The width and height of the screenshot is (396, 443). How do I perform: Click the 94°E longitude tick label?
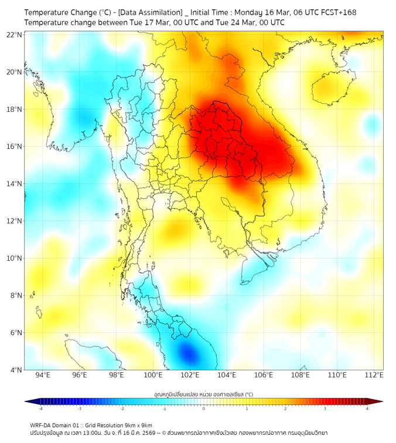43,375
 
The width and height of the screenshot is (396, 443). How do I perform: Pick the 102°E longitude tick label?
190,375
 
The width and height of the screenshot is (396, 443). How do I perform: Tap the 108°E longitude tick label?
301,375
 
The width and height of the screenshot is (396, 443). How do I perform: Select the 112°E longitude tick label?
374,375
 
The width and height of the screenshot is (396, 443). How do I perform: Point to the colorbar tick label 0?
204,408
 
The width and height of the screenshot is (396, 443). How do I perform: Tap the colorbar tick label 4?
367,408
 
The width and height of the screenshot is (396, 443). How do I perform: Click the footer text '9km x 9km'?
138,425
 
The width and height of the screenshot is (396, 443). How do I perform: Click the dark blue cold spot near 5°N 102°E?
188,353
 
